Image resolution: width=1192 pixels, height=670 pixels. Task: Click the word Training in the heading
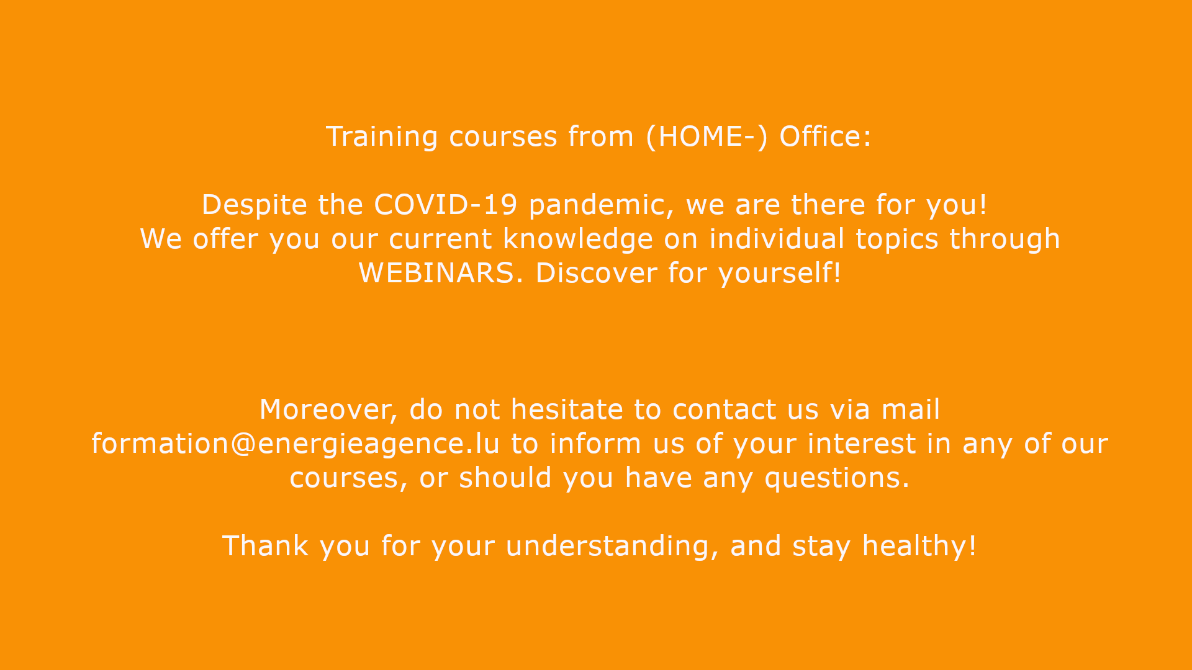(x=382, y=137)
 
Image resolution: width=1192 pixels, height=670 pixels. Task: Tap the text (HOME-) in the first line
(x=707, y=137)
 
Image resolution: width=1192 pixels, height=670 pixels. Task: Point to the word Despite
(x=255, y=205)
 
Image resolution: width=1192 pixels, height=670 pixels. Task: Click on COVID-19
(x=446, y=205)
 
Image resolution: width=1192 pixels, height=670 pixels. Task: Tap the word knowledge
(x=578, y=239)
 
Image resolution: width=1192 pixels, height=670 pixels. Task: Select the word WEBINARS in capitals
(x=437, y=274)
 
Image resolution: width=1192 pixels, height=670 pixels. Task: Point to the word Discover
(x=596, y=273)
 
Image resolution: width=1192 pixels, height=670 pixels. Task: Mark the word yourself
(x=775, y=274)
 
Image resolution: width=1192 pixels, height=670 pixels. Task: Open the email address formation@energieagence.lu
(x=296, y=444)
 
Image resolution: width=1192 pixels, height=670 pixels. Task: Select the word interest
(x=861, y=444)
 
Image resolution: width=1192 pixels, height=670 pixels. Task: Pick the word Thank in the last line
(x=265, y=546)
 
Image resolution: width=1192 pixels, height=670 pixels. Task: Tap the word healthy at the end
(x=915, y=547)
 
